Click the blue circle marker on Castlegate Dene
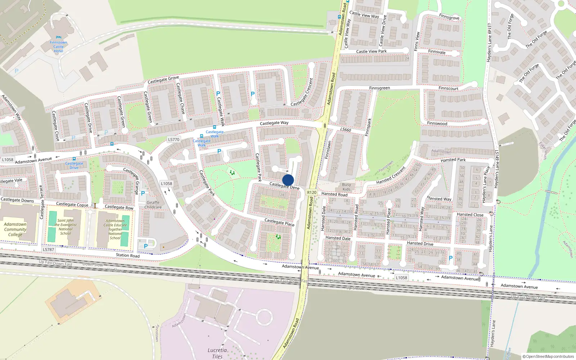288,180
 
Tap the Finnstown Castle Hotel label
58,47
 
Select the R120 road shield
312,193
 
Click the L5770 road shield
174,139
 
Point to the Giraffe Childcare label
153,205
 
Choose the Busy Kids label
346,187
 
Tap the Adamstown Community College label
15,229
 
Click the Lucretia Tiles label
217,353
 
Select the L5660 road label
346,130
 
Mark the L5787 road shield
48,249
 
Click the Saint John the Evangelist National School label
66,227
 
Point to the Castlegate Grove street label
163,80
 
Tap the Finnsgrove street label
449,17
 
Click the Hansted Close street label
470,215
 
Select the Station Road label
127,255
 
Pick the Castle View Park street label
371,51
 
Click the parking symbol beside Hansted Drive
451,258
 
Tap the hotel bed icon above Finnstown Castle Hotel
59,37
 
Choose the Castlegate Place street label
279,222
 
